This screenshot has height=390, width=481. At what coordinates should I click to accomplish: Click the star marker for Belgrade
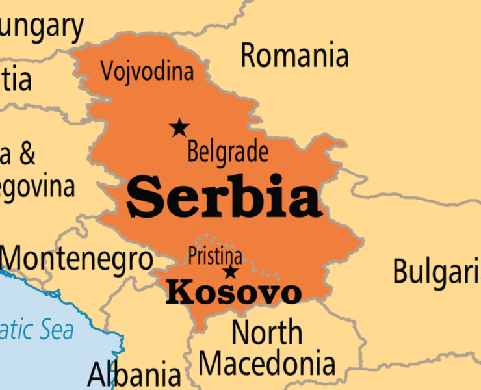pos(179,128)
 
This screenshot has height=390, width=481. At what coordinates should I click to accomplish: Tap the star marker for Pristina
pos(230,272)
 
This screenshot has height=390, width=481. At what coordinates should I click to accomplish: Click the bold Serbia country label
pos(224,196)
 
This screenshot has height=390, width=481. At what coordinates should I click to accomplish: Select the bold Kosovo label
pos(233,293)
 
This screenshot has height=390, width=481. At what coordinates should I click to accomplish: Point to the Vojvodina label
pos(147,71)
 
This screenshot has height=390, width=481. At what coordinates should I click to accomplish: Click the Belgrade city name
pos(227,152)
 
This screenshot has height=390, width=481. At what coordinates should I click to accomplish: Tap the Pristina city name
pos(215,255)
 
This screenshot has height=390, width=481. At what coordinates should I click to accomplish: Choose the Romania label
pos(294,56)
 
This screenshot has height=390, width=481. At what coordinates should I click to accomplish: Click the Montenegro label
pos(77,259)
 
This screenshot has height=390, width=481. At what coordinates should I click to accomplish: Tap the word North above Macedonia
pos(267,332)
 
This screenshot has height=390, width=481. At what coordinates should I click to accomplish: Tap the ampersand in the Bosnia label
pos(27,155)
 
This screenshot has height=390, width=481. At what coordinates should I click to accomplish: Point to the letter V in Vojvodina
pos(108,71)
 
